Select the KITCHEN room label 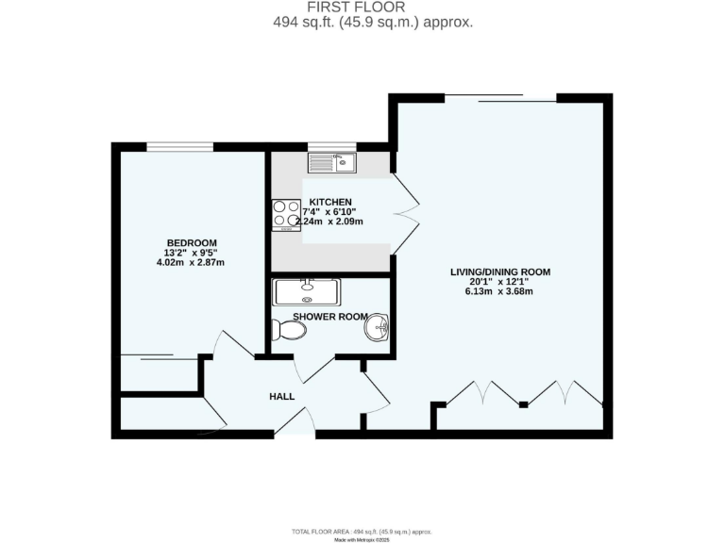(329, 202)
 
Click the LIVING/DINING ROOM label (499, 271)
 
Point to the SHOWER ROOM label (329, 316)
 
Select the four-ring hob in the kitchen (286, 214)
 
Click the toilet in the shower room (289, 331)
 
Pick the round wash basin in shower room (378, 329)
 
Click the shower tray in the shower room (307, 291)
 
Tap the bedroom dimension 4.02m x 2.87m (194, 262)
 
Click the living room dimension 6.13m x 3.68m (499, 291)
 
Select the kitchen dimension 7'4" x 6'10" (329, 212)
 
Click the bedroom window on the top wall (179, 146)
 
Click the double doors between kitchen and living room (405, 214)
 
